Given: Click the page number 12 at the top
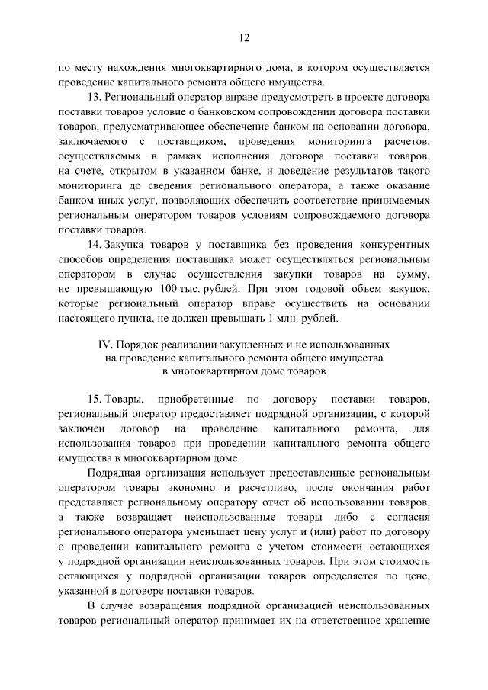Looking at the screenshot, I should coord(244,36).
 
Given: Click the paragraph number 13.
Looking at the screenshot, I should coord(95,98).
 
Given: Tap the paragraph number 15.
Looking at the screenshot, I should coord(95,400).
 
